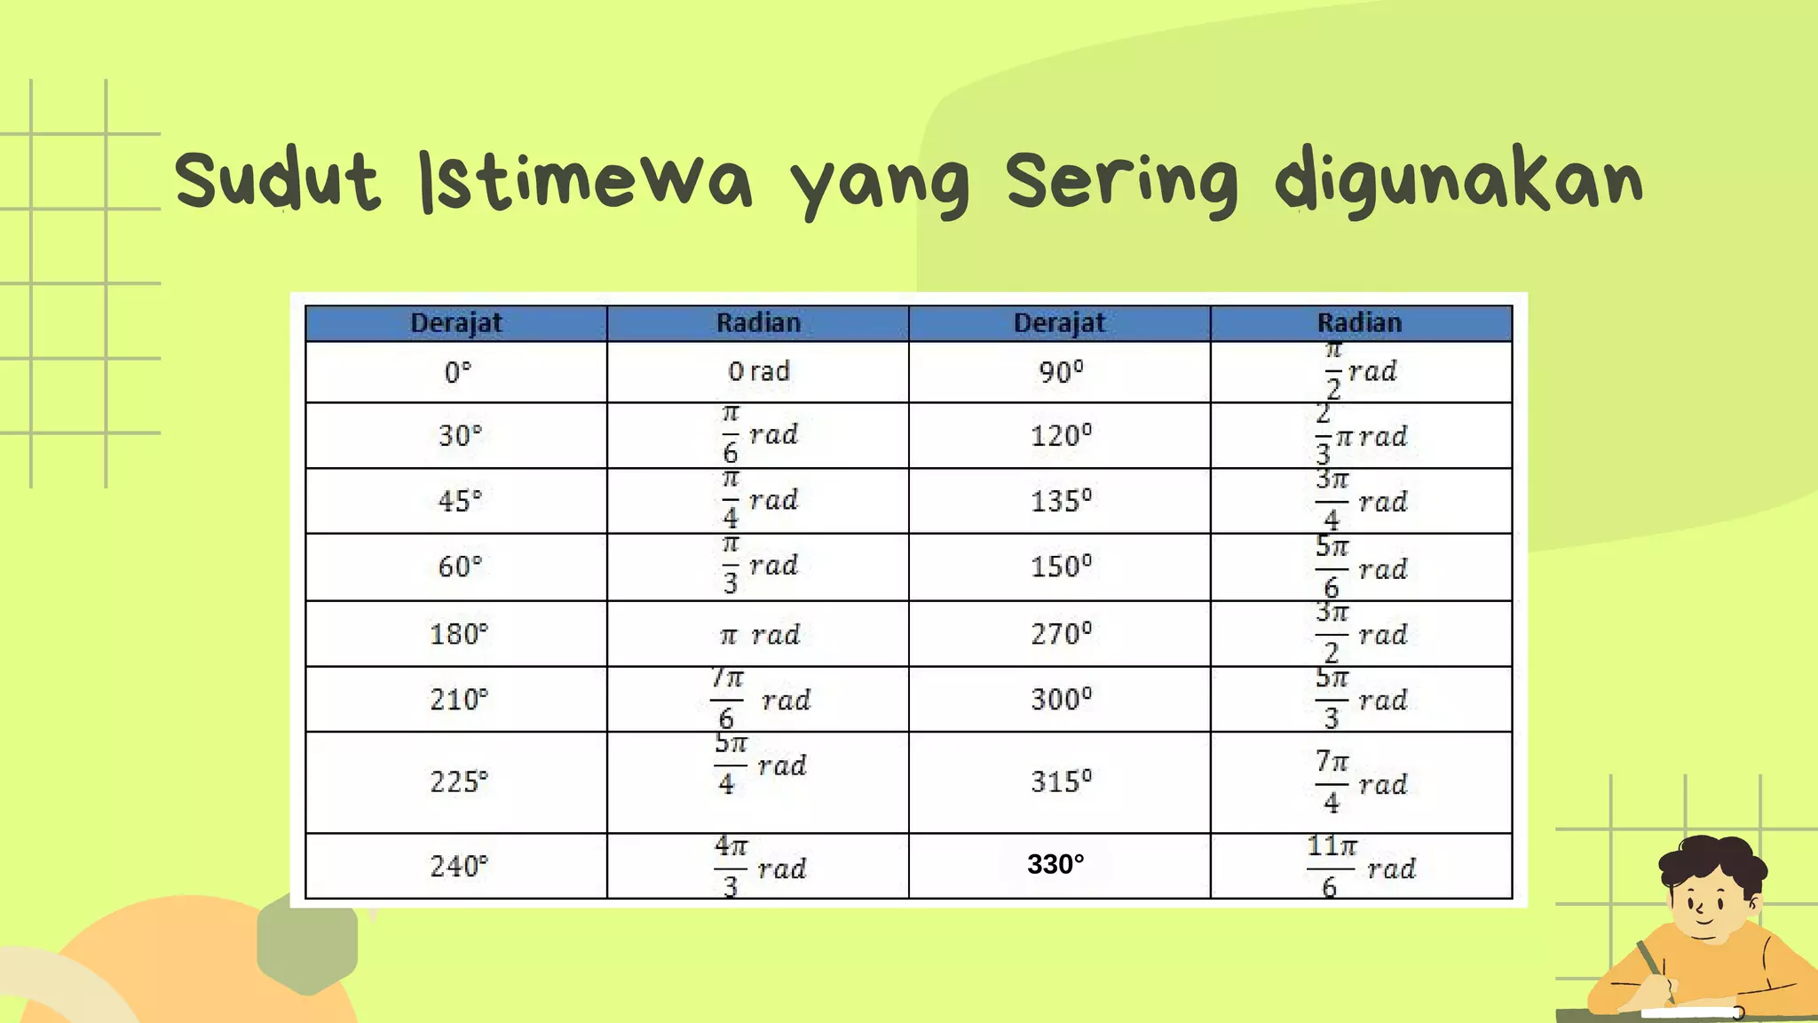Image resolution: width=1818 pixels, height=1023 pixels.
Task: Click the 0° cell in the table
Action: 457,372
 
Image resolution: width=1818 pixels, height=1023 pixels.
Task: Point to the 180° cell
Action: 458,634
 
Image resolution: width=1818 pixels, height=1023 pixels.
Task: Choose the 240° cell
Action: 458,866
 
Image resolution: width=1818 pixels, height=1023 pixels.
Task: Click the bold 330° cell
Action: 1055,864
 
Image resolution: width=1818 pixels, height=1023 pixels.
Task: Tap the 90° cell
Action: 1061,372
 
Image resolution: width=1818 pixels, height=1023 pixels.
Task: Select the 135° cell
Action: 1061,501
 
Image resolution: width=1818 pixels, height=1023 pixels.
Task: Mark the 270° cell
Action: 1061,634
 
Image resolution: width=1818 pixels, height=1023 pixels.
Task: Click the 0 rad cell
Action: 759,372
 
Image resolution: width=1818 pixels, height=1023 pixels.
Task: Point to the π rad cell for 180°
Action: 760,635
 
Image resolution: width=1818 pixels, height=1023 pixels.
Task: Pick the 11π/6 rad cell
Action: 1361,866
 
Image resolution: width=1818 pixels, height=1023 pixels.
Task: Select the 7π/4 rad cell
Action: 1361,782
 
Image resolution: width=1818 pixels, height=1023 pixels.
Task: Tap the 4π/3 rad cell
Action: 760,866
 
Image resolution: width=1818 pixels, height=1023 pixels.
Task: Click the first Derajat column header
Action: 456,323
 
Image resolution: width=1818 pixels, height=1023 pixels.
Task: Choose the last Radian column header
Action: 1360,323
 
